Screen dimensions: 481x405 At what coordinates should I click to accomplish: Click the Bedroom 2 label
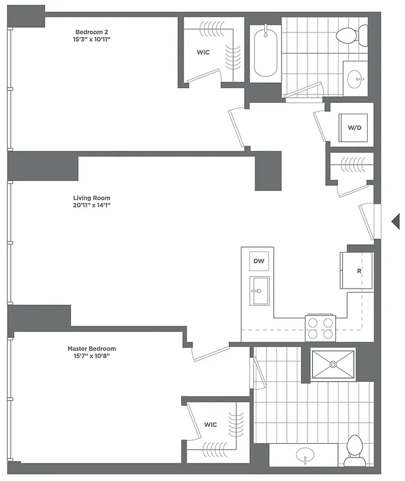click(x=91, y=31)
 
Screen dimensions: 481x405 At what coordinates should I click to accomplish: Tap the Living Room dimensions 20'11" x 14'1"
click(x=91, y=205)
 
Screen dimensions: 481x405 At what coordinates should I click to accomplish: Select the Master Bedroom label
click(x=91, y=348)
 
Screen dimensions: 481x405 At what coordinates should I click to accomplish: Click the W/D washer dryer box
click(x=354, y=128)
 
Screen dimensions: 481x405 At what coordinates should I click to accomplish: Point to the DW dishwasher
click(x=259, y=261)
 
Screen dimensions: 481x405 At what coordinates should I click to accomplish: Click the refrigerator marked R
click(x=357, y=270)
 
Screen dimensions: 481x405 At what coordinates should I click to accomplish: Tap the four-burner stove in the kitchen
click(x=320, y=328)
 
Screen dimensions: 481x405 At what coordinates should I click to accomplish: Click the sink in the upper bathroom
click(x=358, y=78)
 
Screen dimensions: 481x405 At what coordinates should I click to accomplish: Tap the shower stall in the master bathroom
click(x=333, y=364)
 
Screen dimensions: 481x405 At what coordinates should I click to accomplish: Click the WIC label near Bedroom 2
click(x=203, y=52)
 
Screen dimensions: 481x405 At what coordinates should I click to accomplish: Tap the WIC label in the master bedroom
click(x=210, y=424)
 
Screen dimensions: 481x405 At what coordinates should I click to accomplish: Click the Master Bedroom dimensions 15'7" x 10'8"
click(x=91, y=356)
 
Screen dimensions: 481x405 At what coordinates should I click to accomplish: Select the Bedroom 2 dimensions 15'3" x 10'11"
click(x=91, y=40)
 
